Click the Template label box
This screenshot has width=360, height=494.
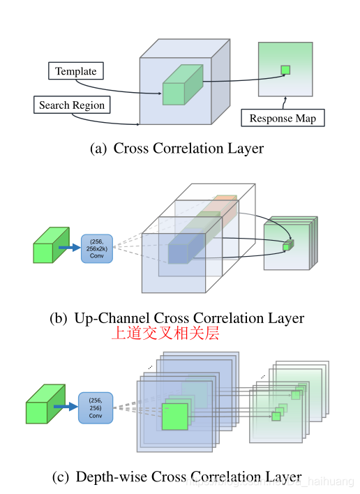pyautogui.click(x=76, y=71)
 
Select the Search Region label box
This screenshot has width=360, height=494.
pyautogui.click(x=72, y=105)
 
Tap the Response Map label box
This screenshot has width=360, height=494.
pyautogui.click(x=283, y=118)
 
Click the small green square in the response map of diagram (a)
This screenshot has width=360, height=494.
pyautogui.click(x=285, y=70)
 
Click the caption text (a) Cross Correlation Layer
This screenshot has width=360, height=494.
pyautogui.click(x=177, y=148)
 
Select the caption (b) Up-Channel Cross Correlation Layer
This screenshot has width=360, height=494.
pyautogui.click(x=177, y=318)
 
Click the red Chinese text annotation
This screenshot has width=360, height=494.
pyautogui.click(x=165, y=334)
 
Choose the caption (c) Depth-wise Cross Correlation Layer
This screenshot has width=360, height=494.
pyautogui.click(x=177, y=477)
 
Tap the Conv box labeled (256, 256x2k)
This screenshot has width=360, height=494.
pyautogui.click(x=96, y=248)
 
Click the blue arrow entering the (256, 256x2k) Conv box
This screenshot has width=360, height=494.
pyautogui.click(x=69, y=247)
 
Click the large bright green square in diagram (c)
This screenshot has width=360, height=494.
pyautogui.click(x=175, y=416)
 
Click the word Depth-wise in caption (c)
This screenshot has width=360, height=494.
pyautogui.click(x=109, y=477)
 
